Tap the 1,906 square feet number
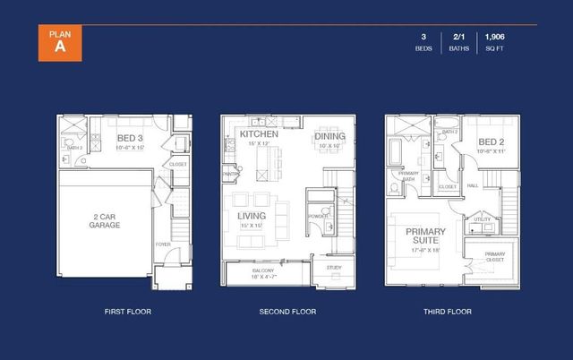[x=494, y=37]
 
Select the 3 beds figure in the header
[x=423, y=37]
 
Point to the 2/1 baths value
[x=458, y=37]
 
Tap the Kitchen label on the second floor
[x=258, y=134]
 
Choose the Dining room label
[x=329, y=136]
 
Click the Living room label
[x=252, y=216]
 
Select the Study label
[x=333, y=268]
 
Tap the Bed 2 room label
[x=492, y=142]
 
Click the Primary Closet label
[x=495, y=256]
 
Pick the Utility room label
[x=482, y=219]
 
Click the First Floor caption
[x=127, y=312]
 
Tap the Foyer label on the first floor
[x=163, y=244]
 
